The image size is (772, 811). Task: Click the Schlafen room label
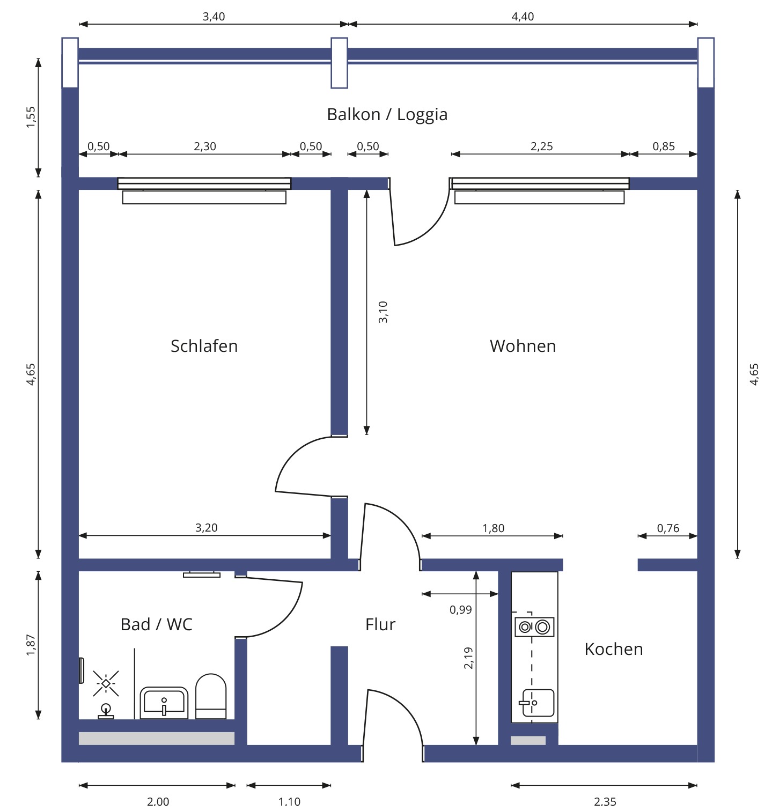coord(204,346)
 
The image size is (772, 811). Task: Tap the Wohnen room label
coord(523,346)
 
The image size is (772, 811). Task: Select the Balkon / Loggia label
coord(387,114)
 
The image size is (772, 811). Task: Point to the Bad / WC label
coord(156,624)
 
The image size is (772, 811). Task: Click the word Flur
coord(380,624)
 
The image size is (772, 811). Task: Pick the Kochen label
coord(613,649)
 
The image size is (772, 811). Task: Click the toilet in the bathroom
coord(211,696)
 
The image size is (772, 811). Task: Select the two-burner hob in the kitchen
coord(534,626)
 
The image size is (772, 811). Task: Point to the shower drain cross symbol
coord(106,683)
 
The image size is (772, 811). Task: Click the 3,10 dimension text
coord(383,312)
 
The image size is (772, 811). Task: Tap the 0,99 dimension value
coord(460,609)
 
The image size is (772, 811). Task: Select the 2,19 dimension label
coord(468,658)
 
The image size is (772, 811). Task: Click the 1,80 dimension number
coord(493,528)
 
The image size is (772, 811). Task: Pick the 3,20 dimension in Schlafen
coord(206,528)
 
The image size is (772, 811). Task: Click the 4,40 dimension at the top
coord(523,17)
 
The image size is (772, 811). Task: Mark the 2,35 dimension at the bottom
coord(605,801)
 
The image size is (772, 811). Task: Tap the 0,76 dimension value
coord(668,528)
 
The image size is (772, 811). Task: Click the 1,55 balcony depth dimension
coord(31,117)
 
